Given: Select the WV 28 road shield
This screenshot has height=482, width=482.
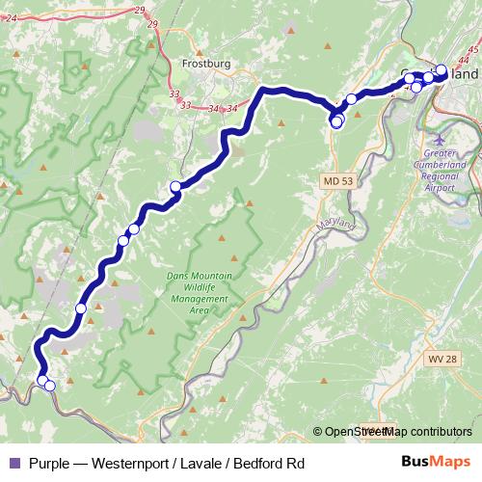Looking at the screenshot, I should [437, 359].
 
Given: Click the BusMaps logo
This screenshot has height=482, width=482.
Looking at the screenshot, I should [436, 463].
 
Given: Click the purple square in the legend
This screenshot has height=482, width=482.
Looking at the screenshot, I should [13, 464].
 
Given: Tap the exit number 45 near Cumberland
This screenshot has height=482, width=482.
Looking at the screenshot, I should [472, 49].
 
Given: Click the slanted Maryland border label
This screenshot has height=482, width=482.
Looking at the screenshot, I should [337, 228].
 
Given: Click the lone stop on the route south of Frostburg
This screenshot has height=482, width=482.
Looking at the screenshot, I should [175, 187].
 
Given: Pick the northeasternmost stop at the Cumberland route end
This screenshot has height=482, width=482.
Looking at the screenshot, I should [442, 69].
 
